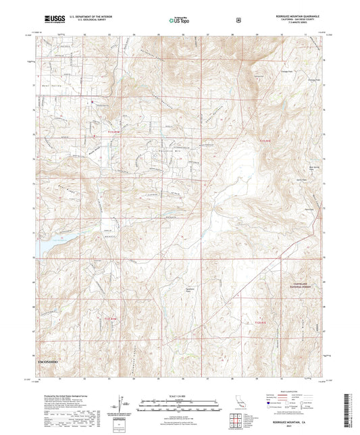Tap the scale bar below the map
180,404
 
